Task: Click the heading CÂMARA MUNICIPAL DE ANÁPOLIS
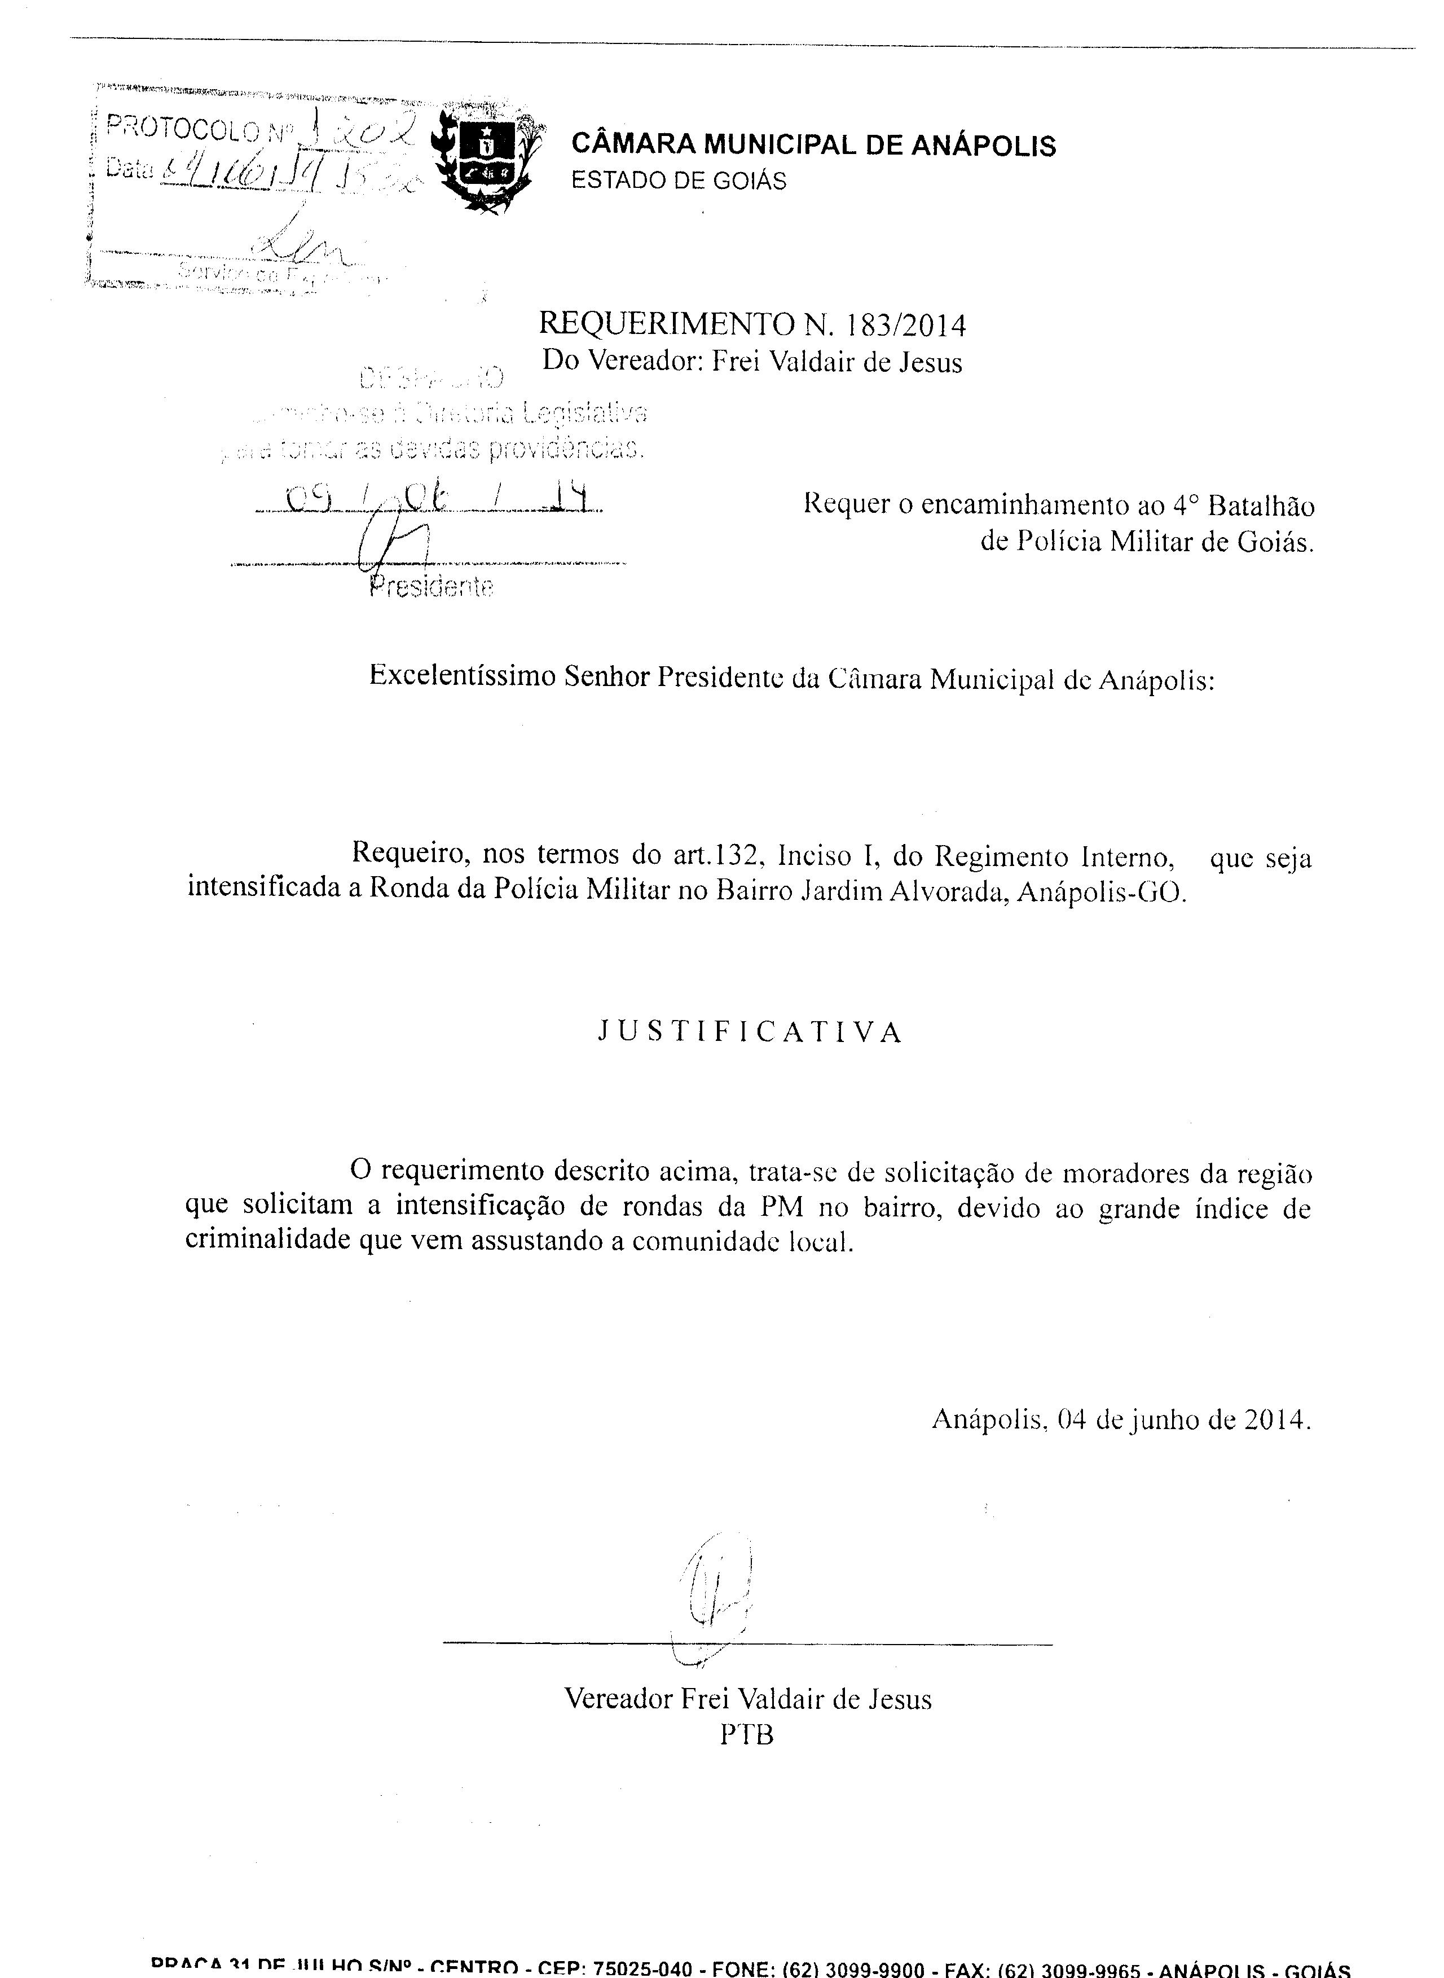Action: pos(813,144)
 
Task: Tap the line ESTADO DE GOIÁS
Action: pos(679,181)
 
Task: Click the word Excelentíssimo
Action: pos(463,676)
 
